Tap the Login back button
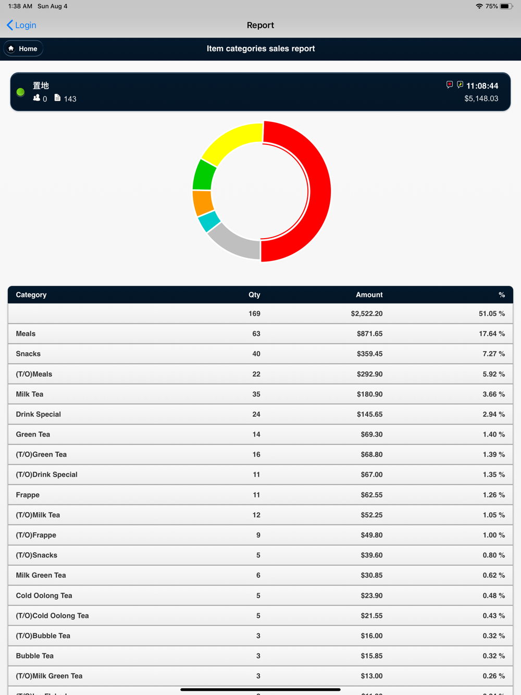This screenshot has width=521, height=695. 22,25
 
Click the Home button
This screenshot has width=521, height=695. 23,48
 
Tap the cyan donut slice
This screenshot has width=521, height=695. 209,221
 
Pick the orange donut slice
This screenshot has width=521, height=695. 203,202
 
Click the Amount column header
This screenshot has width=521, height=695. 369,295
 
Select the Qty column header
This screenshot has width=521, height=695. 254,295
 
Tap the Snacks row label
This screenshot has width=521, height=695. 28,354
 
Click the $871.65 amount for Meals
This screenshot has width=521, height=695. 369,333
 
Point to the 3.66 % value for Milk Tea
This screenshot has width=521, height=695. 493,394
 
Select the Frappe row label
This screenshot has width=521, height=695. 28,495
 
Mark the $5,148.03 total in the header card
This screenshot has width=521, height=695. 481,98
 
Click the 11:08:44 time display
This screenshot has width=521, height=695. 482,86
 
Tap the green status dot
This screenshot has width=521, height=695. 21,92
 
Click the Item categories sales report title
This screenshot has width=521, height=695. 260,48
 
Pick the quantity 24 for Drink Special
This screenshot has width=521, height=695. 256,414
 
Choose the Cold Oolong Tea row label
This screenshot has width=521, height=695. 44,595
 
